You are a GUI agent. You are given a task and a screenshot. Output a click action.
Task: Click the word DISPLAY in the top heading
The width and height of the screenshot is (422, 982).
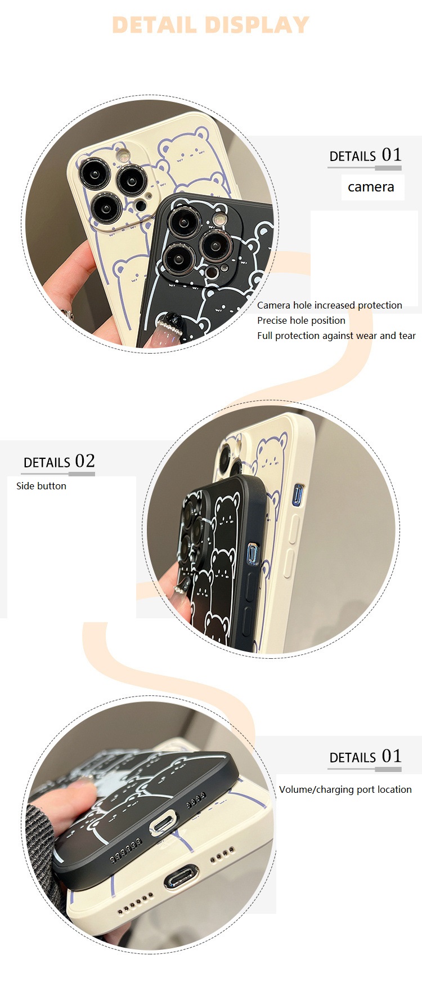coord(257,25)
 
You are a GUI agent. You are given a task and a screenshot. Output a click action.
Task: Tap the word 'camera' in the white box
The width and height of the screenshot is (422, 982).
coord(371,187)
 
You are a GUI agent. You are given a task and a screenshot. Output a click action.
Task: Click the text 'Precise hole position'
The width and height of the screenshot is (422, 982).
coord(301,320)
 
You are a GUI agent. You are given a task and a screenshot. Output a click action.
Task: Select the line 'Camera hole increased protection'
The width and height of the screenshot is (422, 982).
coord(330,305)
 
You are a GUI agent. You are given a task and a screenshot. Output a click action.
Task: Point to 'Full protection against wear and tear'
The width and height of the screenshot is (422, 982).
coord(336,336)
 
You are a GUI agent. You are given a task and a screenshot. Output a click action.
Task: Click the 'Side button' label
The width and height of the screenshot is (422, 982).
coord(41,486)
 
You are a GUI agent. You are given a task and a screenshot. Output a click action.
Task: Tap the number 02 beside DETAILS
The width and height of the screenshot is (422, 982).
coord(85,461)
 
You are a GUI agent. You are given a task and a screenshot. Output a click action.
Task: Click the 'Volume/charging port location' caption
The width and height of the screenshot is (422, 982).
coord(345,789)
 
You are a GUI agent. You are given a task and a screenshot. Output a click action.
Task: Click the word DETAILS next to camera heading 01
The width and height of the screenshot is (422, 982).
coord(352,157)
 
